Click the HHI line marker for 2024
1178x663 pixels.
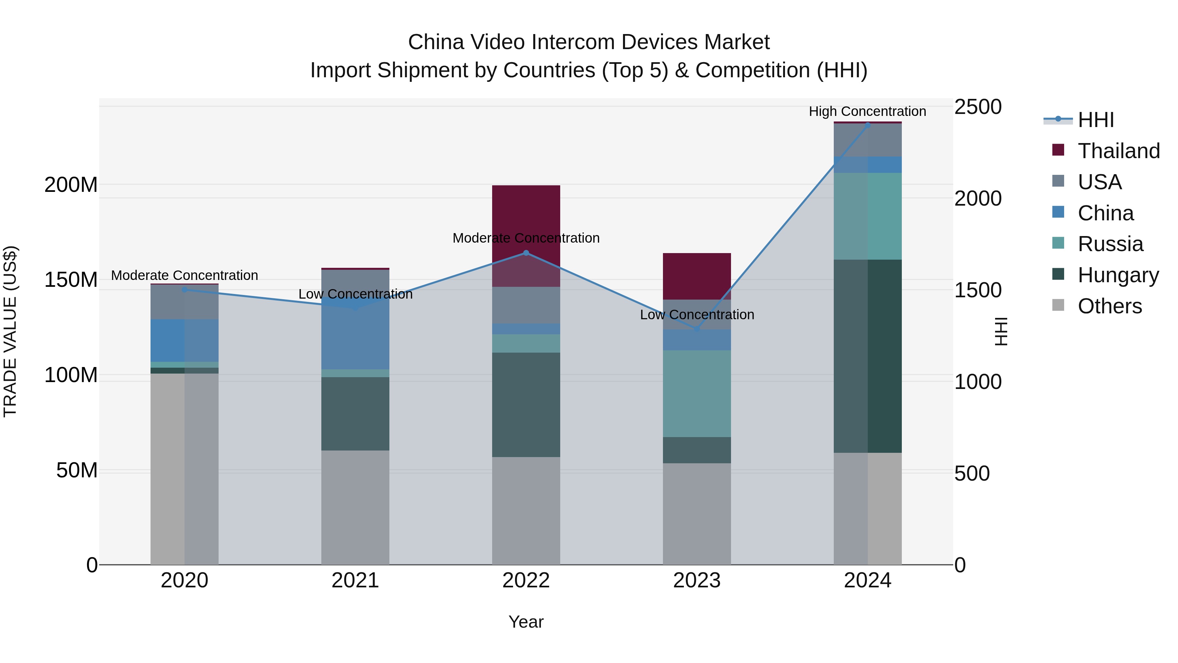[x=867, y=125]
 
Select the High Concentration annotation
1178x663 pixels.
[x=867, y=112]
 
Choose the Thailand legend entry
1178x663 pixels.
[x=1118, y=151]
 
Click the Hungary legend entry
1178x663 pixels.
[x=1118, y=275]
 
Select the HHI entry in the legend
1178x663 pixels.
[x=1096, y=120]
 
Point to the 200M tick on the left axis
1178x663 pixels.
[x=71, y=185]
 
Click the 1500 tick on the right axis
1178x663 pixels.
[x=978, y=290]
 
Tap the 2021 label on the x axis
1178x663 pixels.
[x=355, y=580]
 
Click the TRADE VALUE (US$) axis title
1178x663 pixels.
[x=10, y=331]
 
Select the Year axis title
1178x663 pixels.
[x=526, y=622]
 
